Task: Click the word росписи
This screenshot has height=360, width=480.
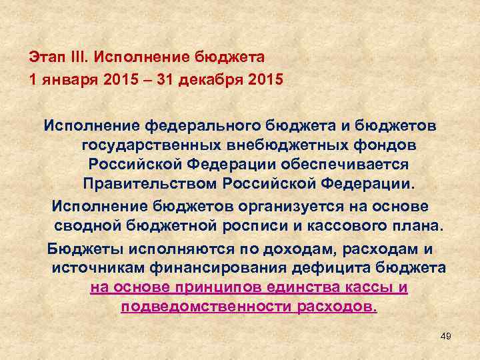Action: [255, 225]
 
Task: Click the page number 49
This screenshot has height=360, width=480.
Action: [446, 337]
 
